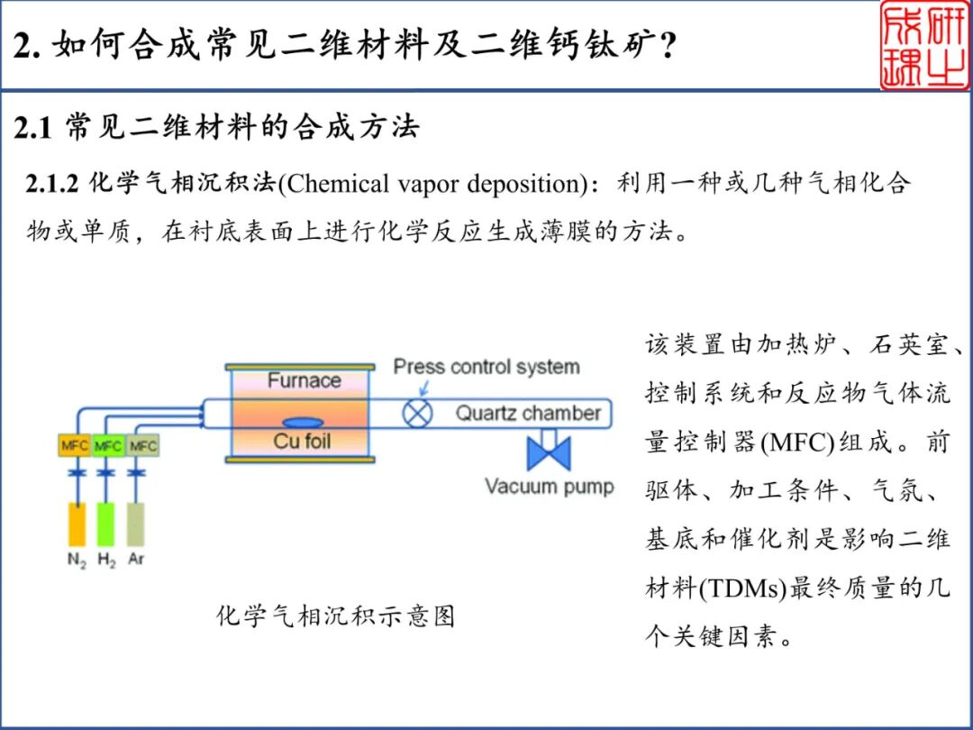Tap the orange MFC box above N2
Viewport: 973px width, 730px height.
[74, 446]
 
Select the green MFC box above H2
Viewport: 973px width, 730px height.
[108, 446]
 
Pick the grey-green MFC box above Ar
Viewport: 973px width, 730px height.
[142, 446]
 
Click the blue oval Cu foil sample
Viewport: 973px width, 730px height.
[303, 423]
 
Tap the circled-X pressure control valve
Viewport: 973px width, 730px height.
[417, 414]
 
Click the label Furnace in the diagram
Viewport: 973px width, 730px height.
[304, 380]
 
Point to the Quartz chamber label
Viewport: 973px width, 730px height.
[527, 414]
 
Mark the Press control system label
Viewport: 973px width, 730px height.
[486, 367]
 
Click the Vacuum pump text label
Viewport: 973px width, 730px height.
[549, 487]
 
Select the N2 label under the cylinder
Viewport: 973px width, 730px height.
[77, 560]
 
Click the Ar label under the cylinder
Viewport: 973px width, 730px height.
[136, 559]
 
